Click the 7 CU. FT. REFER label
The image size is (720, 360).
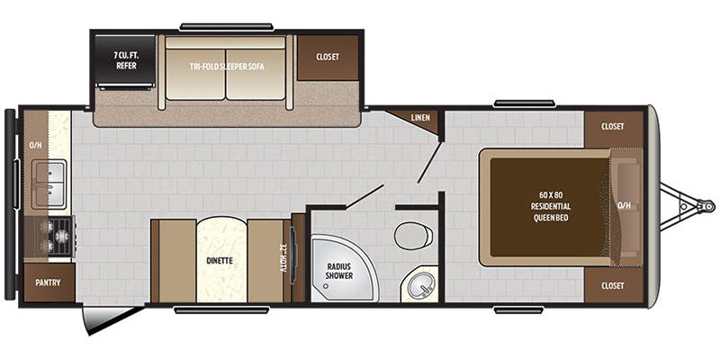pyautogui.click(x=125, y=60)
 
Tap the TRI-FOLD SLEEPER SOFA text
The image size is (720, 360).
pyautogui.click(x=225, y=67)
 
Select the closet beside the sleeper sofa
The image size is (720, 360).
pyautogui.click(x=328, y=57)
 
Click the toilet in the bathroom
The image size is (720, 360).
pyautogui.click(x=413, y=237)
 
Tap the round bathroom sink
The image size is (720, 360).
pyautogui.click(x=419, y=286)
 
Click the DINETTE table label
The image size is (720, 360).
pyautogui.click(x=220, y=261)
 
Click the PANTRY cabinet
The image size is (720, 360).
pyautogui.click(x=48, y=283)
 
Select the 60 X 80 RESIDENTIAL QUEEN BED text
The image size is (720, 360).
pyautogui.click(x=551, y=206)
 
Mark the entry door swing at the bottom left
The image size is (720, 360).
pyautogui.click(x=108, y=318)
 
